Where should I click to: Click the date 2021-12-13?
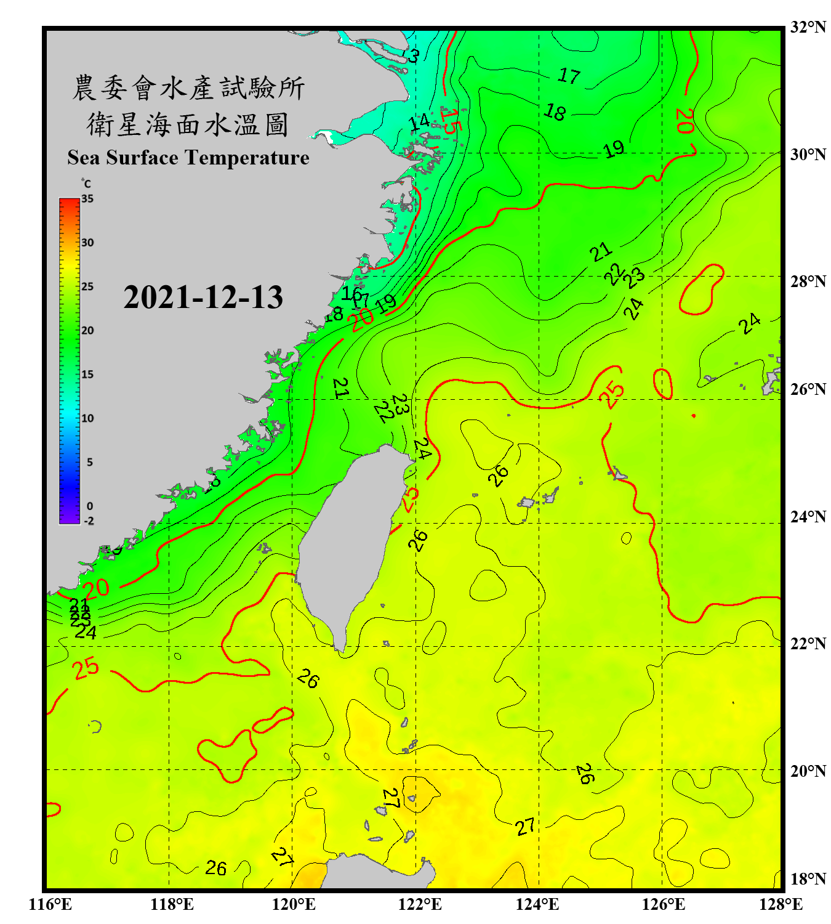tap(203, 298)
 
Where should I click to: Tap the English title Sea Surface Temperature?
tap(188, 158)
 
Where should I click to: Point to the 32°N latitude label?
tap(808, 27)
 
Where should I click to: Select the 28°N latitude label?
tap(808, 282)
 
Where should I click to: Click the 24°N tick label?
tap(808, 516)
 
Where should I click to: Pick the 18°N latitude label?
tap(808, 879)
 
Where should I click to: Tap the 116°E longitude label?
tap(50, 904)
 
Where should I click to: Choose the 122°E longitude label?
tap(420, 904)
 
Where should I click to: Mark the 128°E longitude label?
tap(781, 904)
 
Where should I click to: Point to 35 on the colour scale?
tap(87, 198)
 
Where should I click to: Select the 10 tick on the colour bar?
tap(87, 418)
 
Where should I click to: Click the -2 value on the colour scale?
tap(89, 521)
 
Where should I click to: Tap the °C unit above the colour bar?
tap(86, 184)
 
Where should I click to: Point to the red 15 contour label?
tap(449, 121)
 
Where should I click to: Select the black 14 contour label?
tap(420, 121)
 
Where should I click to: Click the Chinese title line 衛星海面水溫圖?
tap(188, 124)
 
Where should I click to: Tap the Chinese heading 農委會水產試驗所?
tap(188, 88)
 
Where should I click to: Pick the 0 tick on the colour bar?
tap(90, 506)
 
